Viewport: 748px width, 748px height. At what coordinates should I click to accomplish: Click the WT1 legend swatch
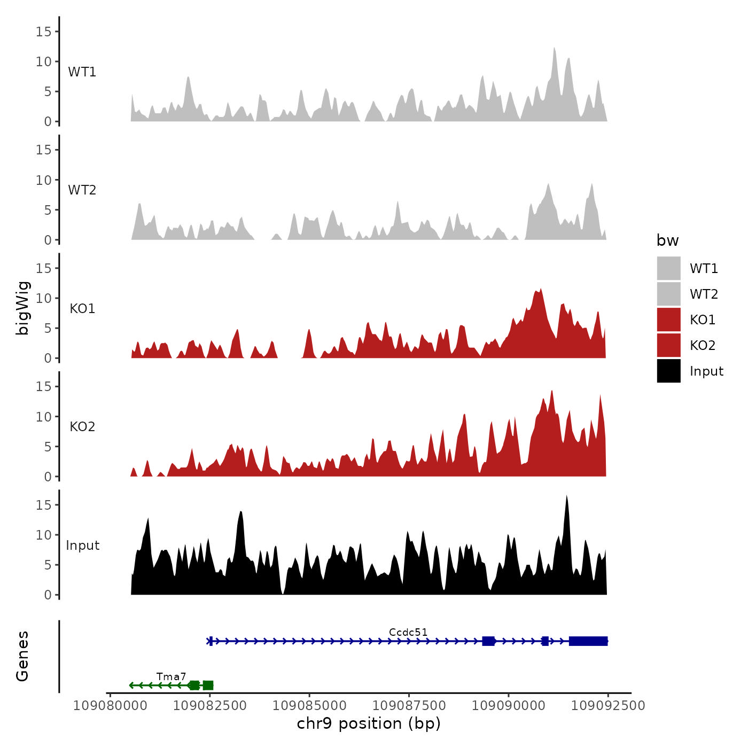[668, 268]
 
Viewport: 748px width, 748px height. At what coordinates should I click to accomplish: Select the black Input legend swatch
[668, 371]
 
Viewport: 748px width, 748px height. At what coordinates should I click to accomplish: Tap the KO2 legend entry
[702, 345]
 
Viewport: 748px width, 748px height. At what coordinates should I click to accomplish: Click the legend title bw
[667, 240]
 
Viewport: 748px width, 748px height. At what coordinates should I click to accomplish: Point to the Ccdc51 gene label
[408, 632]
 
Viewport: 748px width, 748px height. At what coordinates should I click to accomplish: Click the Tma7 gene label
[171, 677]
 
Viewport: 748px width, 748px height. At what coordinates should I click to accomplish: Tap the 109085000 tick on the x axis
[309, 705]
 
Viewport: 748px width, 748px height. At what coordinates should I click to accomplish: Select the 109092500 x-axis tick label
[608, 705]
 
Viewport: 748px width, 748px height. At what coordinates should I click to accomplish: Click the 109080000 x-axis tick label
[110, 705]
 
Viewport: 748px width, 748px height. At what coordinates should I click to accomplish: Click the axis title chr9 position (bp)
[369, 723]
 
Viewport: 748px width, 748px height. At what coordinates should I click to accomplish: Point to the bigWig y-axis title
[22, 308]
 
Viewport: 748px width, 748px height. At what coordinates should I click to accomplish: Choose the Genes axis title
[22, 656]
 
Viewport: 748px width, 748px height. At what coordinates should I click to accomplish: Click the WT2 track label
[82, 190]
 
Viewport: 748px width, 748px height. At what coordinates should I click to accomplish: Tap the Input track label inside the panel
[82, 546]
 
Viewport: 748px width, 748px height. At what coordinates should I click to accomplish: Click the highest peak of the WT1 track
[554, 50]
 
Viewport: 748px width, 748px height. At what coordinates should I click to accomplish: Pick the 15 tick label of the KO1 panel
[43, 268]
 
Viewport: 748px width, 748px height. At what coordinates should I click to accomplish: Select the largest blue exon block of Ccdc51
[588, 641]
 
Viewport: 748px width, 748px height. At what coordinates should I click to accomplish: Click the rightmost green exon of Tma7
[208, 685]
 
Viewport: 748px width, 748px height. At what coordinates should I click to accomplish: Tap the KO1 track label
[82, 308]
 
